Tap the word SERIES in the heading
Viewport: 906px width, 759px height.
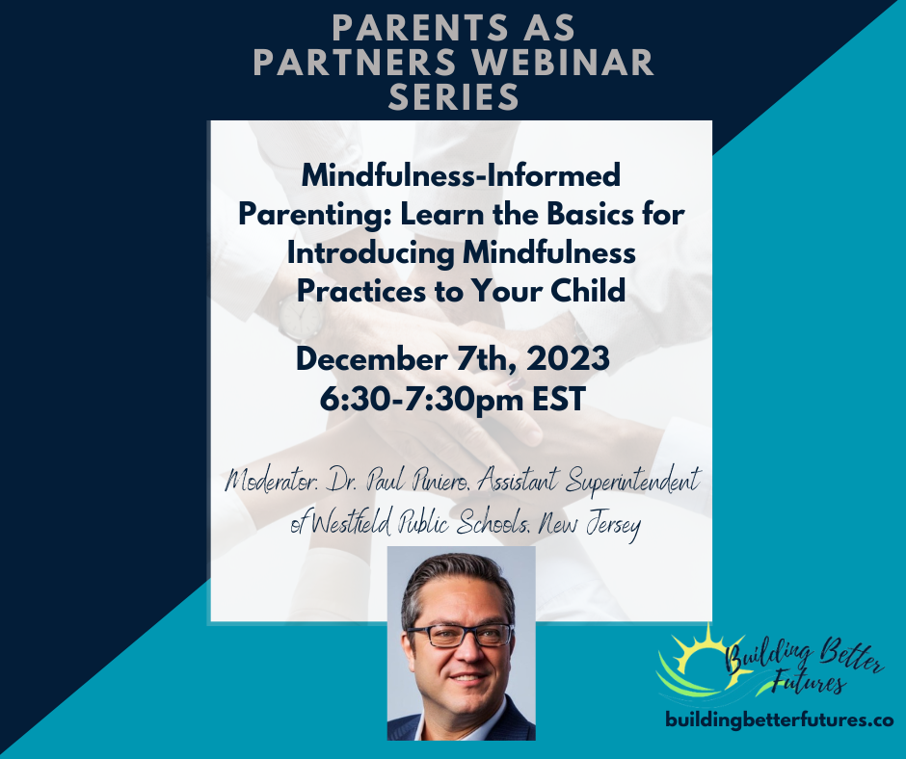[x=454, y=96]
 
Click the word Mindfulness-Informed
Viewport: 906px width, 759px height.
[x=461, y=175]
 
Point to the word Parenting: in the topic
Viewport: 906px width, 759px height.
[x=314, y=215]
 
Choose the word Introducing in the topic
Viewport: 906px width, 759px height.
[x=370, y=253]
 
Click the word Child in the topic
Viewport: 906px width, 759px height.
[x=588, y=291]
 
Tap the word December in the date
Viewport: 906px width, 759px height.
[x=371, y=358]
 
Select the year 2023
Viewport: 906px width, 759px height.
[x=568, y=358]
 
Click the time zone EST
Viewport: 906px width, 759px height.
[x=559, y=399]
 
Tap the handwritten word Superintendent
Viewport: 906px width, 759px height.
[x=633, y=482]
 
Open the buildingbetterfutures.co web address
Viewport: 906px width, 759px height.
[x=780, y=720]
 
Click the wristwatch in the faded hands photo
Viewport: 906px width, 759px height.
[x=300, y=319]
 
